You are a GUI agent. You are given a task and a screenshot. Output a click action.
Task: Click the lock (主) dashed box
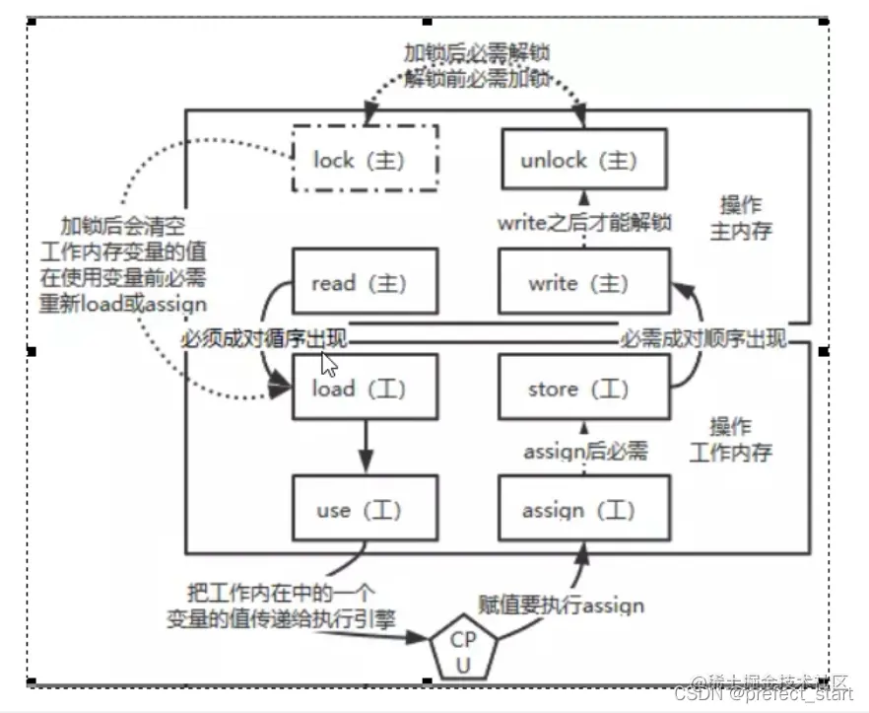pos(365,159)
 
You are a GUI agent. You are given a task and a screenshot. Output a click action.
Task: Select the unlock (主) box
pos(583,159)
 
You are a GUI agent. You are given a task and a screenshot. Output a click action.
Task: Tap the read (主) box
pos(365,283)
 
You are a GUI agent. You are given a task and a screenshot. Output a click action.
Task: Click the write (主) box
pos(583,283)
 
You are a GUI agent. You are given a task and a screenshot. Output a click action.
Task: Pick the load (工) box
pos(365,389)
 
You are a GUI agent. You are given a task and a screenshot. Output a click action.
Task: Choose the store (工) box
pos(583,389)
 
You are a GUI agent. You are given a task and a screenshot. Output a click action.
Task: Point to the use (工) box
pos(365,509)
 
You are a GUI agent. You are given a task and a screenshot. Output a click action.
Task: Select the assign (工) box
pos(583,509)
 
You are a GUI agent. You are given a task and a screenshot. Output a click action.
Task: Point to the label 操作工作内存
pos(741,440)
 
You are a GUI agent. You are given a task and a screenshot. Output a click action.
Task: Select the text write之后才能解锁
pos(583,222)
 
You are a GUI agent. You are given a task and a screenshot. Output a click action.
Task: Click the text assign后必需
pos(584,453)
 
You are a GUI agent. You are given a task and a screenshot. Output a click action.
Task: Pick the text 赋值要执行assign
pos(561,604)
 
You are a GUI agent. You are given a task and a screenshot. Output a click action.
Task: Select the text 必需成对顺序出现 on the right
pos(702,339)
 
